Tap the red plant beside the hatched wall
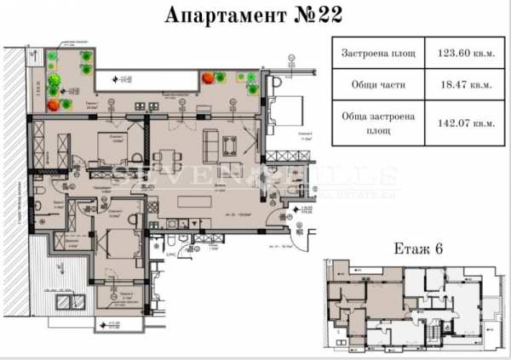(55, 105)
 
